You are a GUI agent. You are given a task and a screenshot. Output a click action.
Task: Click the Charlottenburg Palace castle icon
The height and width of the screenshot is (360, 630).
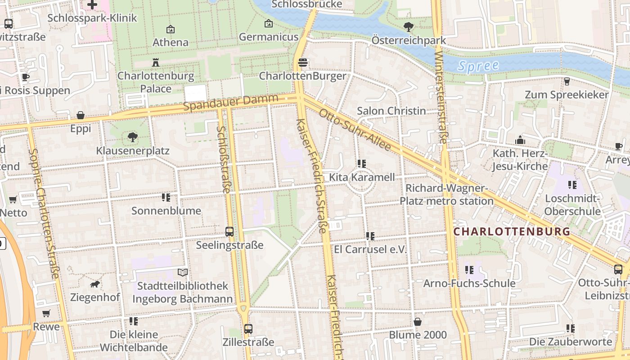(156, 62)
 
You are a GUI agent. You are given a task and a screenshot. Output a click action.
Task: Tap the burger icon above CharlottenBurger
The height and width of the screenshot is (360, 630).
(303, 63)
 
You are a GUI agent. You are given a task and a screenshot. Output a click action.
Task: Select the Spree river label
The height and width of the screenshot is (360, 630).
(478, 66)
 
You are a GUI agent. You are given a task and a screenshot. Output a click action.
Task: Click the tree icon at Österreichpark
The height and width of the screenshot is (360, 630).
(409, 27)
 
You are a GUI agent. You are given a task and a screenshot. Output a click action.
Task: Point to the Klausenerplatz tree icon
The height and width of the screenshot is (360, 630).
(133, 137)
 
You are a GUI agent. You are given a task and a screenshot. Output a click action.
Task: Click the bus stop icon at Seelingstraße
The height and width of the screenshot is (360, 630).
(229, 232)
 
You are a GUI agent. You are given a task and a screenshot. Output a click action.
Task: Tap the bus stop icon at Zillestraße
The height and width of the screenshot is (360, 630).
(248, 328)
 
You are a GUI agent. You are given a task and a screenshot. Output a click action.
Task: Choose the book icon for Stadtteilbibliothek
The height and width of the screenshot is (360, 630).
(182, 272)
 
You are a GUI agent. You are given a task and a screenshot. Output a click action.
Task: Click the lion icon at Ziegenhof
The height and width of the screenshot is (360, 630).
(95, 284)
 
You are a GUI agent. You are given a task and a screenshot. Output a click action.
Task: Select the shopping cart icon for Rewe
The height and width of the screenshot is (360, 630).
(46, 313)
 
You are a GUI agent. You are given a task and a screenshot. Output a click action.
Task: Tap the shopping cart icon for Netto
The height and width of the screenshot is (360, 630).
(13, 199)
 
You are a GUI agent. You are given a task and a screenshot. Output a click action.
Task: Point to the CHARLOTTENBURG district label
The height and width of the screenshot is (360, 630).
(512, 232)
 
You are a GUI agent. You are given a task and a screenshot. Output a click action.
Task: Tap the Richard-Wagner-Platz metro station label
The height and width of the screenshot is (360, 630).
(446, 194)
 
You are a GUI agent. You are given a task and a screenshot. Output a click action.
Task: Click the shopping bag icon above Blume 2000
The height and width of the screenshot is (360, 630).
(418, 322)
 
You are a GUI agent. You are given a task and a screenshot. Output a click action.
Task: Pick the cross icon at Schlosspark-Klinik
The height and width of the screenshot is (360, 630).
(92, 5)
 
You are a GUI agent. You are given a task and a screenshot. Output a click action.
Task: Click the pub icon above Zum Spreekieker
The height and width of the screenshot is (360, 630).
(567, 81)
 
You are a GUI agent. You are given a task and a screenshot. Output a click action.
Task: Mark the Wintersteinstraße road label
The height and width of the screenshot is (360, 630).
(441, 97)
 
